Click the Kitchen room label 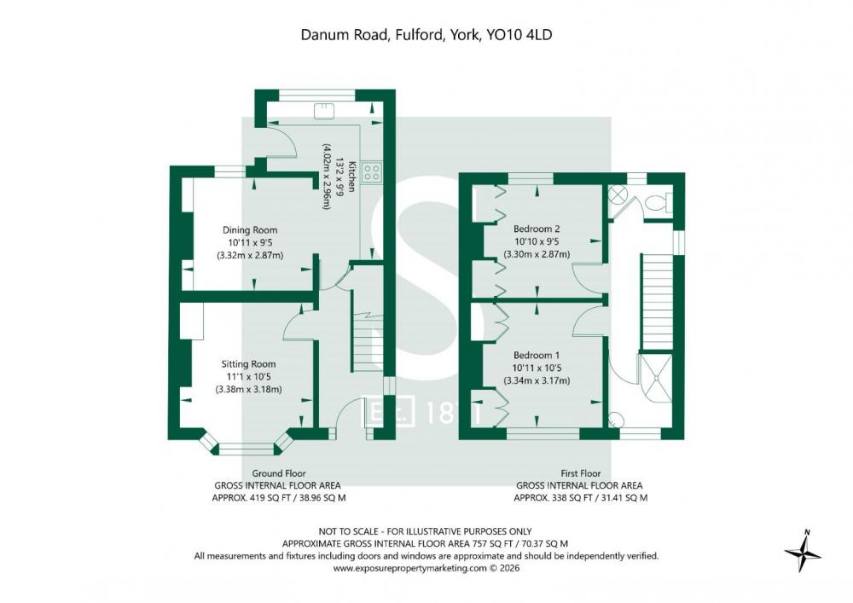pyautogui.click(x=351, y=177)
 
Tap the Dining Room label pyautogui.click(x=250, y=230)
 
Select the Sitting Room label pyautogui.click(x=248, y=364)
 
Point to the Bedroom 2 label pyautogui.click(x=537, y=229)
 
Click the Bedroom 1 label pyautogui.click(x=537, y=355)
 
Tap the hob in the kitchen pyautogui.click(x=372, y=172)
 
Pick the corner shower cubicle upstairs pyautogui.click(x=655, y=379)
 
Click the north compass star pyautogui.click(x=804, y=553)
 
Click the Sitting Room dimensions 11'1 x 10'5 pyautogui.click(x=248, y=377)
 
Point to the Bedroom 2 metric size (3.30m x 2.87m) pyautogui.click(x=537, y=254)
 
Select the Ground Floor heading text pyautogui.click(x=279, y=473)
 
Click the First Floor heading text pyautogui.click(x=580, y=473)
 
